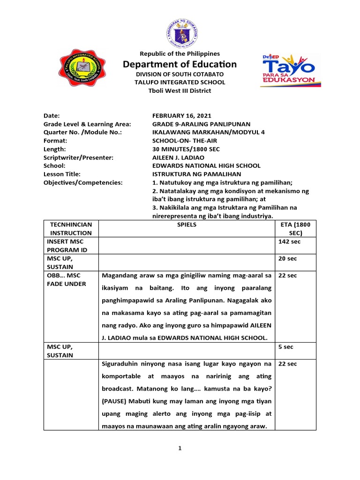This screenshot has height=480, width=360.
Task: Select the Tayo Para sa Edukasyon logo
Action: (x=290, y=70)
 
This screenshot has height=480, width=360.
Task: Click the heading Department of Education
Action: (x=180, y=64)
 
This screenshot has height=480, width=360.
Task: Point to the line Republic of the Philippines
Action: (x=180, y=54)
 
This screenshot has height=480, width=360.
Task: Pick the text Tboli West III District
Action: (x=180, y=90)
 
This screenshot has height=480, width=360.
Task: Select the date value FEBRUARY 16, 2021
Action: (x=182, y=115)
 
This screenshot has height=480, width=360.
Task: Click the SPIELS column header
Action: (x=187, y=225)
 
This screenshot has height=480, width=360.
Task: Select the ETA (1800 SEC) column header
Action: (x=295, y=229)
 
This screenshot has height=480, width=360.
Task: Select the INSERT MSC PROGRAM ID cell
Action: (x=69, y=246)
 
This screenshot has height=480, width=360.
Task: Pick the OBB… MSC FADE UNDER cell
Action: (x=69, y=280)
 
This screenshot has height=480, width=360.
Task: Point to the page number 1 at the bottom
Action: (x=180, y=448)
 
